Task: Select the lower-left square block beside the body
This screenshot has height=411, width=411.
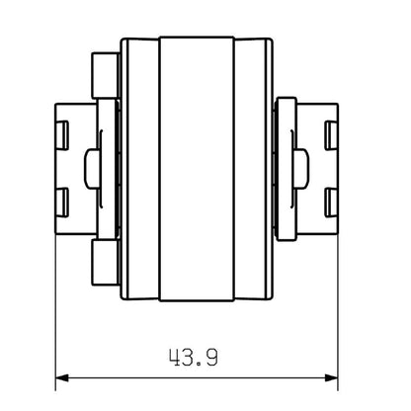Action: click(x=102, y=262)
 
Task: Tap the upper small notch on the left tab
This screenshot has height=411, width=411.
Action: click(x=62, y=128)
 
